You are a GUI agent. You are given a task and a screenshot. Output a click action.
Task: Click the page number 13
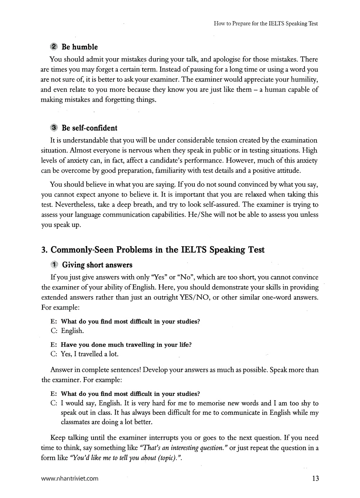coord(315,479)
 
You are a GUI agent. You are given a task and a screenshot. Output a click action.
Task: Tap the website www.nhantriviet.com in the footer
coord(70,479)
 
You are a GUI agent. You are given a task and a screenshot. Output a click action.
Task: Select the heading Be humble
coord(80,47)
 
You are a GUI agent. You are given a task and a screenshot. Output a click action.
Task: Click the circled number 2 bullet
coord(54,47)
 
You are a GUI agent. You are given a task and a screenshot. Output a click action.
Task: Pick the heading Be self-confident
coord(89,128)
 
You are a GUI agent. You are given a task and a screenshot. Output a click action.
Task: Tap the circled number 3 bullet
coord(54,128)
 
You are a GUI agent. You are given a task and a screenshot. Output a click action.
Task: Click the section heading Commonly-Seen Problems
coord(153,250)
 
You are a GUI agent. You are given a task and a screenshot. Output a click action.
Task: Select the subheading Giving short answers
coord(97,265)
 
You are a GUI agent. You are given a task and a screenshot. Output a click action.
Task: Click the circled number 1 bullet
coord(54,265)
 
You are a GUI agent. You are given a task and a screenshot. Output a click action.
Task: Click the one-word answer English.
coord(72,331)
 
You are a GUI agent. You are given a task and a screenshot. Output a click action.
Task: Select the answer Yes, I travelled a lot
coord(89,354)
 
